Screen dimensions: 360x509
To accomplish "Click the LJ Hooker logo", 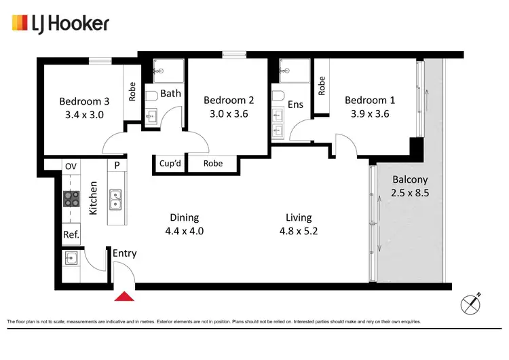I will coord(60,24).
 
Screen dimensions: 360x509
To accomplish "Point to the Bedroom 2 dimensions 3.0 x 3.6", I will coord(226,114).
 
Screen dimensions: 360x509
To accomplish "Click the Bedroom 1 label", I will coord(370,101).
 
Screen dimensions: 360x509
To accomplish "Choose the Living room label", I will coord(299,217).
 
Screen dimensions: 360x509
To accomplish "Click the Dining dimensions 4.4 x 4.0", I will coord(184,231).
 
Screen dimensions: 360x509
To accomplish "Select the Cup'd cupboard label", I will coord(169,163).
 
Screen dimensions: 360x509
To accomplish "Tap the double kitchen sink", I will coord(116,198).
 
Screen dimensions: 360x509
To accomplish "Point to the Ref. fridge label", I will coord(71,236).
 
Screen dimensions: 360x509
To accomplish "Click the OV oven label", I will coord(71,166).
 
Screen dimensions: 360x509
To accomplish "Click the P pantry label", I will coord(117,166).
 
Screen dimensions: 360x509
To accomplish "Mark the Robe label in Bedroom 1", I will coord(322,84).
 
